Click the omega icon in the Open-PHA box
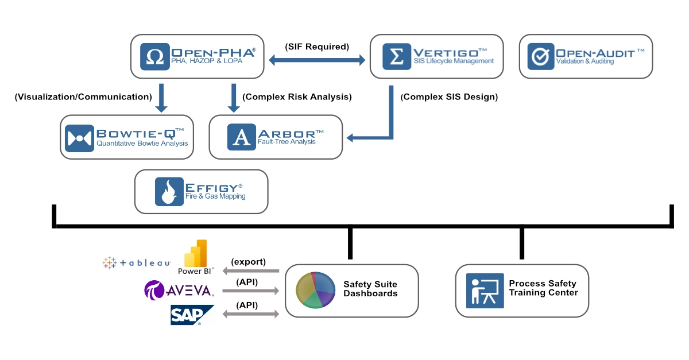154,56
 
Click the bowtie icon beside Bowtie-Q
79,138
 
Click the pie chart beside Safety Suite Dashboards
315,290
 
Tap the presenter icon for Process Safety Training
485,291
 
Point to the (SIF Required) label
317,47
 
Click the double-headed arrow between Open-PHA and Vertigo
317,59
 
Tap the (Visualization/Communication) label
83,97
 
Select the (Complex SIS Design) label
449,97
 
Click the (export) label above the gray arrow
248,262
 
